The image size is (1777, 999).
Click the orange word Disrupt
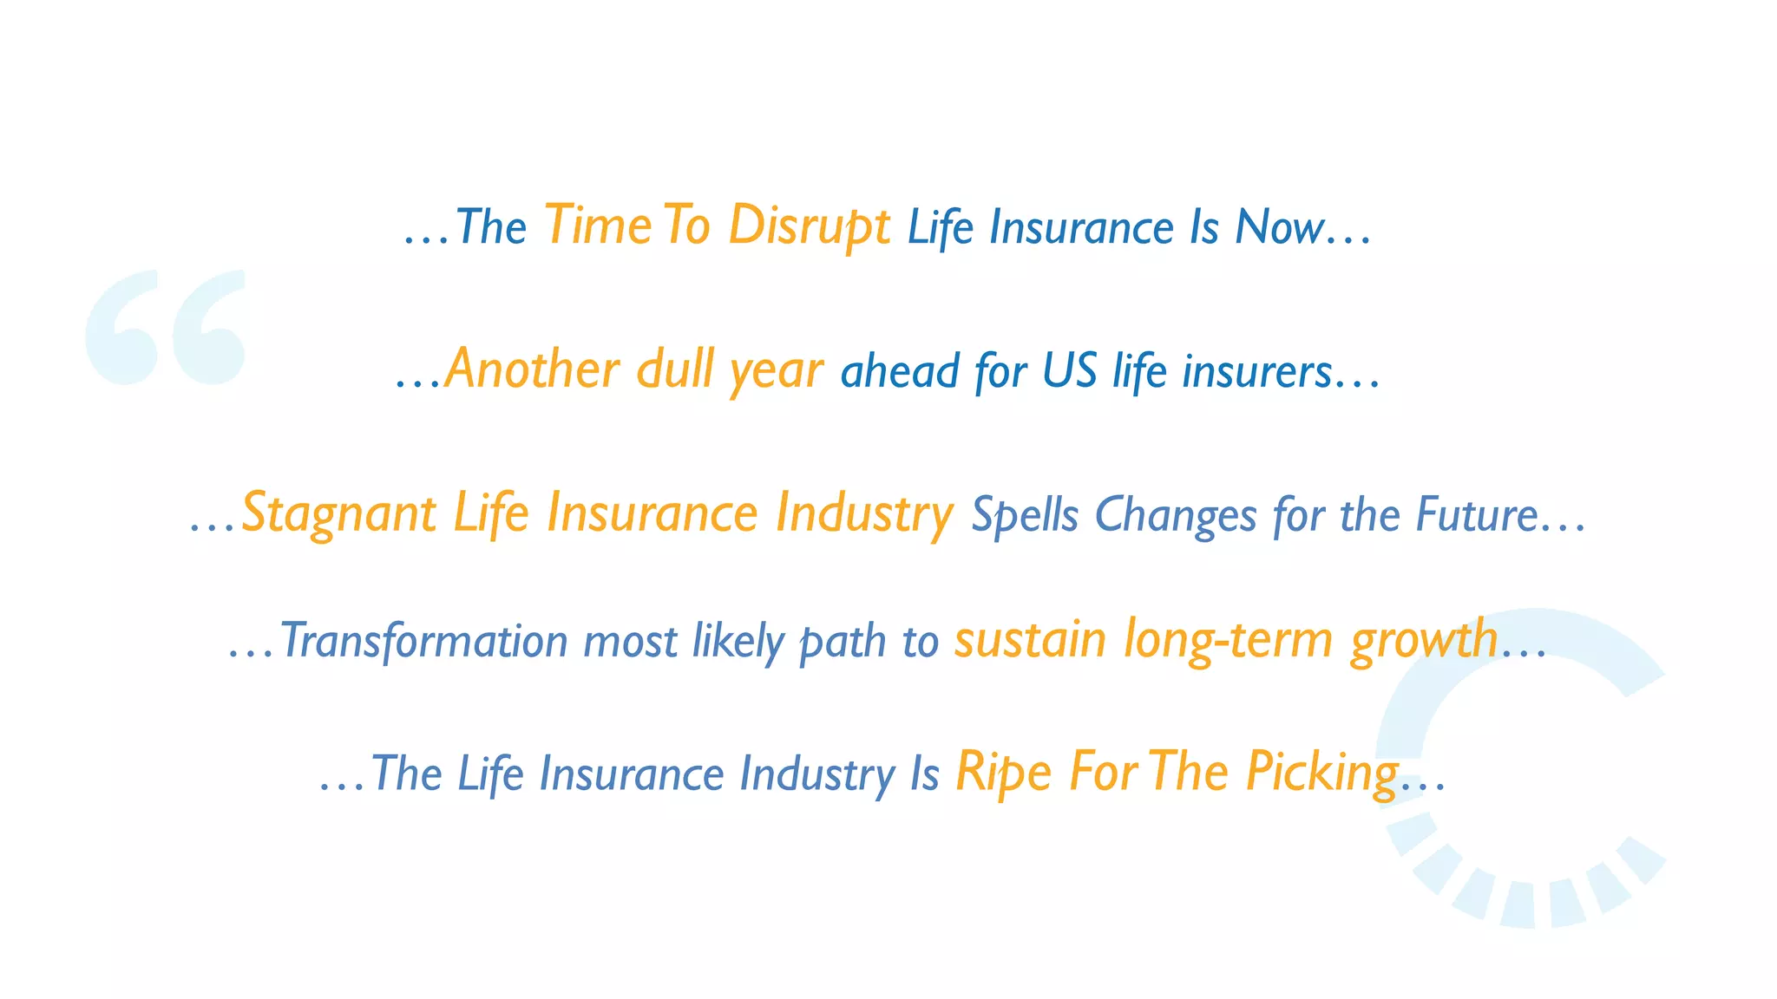tap(809, 226)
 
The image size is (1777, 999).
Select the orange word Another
tap(532, 369)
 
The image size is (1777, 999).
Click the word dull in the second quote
tap(675, 369)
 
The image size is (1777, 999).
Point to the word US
tap(1069, 371)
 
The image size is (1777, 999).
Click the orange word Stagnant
tap(338, 513)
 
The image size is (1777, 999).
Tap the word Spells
tap(1024, 515)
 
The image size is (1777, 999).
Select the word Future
tap(1476, 514)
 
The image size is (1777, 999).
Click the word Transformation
tap(423, 642)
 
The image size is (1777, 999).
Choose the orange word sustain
tap(1030, 640)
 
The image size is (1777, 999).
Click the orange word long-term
tap(1227, 640)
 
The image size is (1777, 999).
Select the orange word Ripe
tap(1003, 772)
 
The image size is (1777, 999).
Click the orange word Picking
tap(1321, 772)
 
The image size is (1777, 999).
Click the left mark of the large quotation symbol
tap(122, 328)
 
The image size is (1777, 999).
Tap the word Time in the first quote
tap(598, 226)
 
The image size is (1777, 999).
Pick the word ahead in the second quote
tap(899, 372)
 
